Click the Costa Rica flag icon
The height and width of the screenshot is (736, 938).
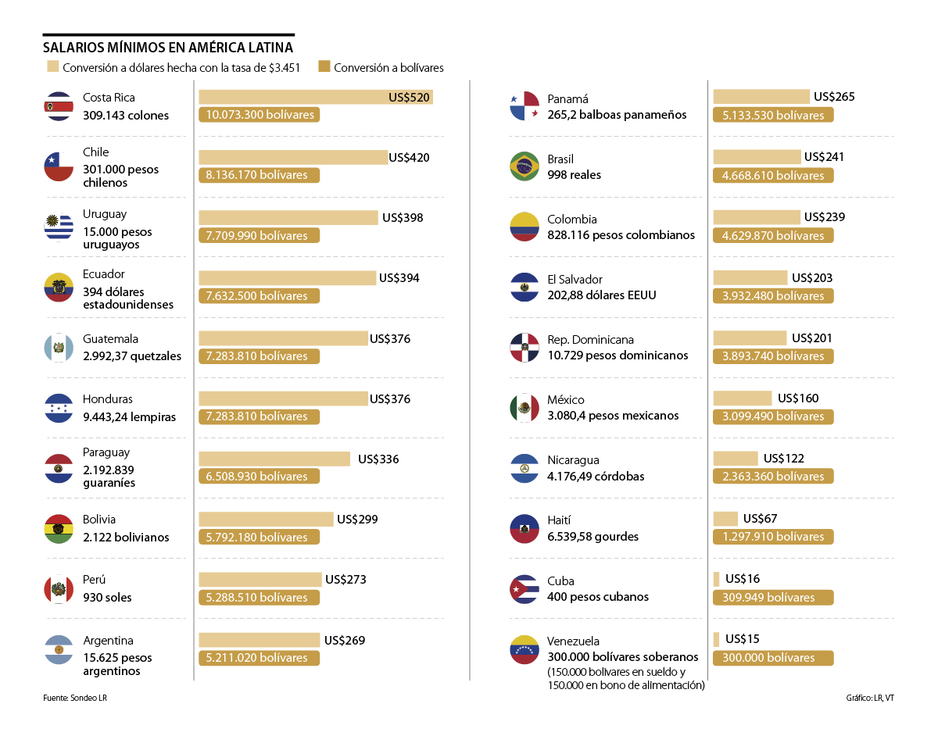(59, 106)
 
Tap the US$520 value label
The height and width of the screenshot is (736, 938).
(409, 98)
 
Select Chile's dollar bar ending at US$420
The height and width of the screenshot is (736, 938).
(293, 158)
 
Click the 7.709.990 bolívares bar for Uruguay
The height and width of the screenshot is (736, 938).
(259, 235)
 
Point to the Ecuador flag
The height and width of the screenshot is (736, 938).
(59, 288)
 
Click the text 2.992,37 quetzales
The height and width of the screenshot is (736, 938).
(132, 356)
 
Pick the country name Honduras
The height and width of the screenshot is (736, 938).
(108, 399)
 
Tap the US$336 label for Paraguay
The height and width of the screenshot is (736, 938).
(378, 459)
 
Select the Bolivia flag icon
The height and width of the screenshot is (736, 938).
(59, 529)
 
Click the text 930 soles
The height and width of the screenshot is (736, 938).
(107, 598)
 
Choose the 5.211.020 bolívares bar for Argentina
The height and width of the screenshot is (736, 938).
(259, 658)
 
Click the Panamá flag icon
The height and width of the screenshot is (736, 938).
(524, 106)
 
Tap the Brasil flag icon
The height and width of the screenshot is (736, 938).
(524, 166)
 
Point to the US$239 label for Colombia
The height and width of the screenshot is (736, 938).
(825, 217)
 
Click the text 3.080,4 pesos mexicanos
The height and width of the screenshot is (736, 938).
(613, 416)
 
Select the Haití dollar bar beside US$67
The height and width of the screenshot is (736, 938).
(725, 519)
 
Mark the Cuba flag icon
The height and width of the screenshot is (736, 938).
(524, 589)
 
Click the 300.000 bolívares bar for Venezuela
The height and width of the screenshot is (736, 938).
(773, 658)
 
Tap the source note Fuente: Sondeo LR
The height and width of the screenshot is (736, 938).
(75, 698)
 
